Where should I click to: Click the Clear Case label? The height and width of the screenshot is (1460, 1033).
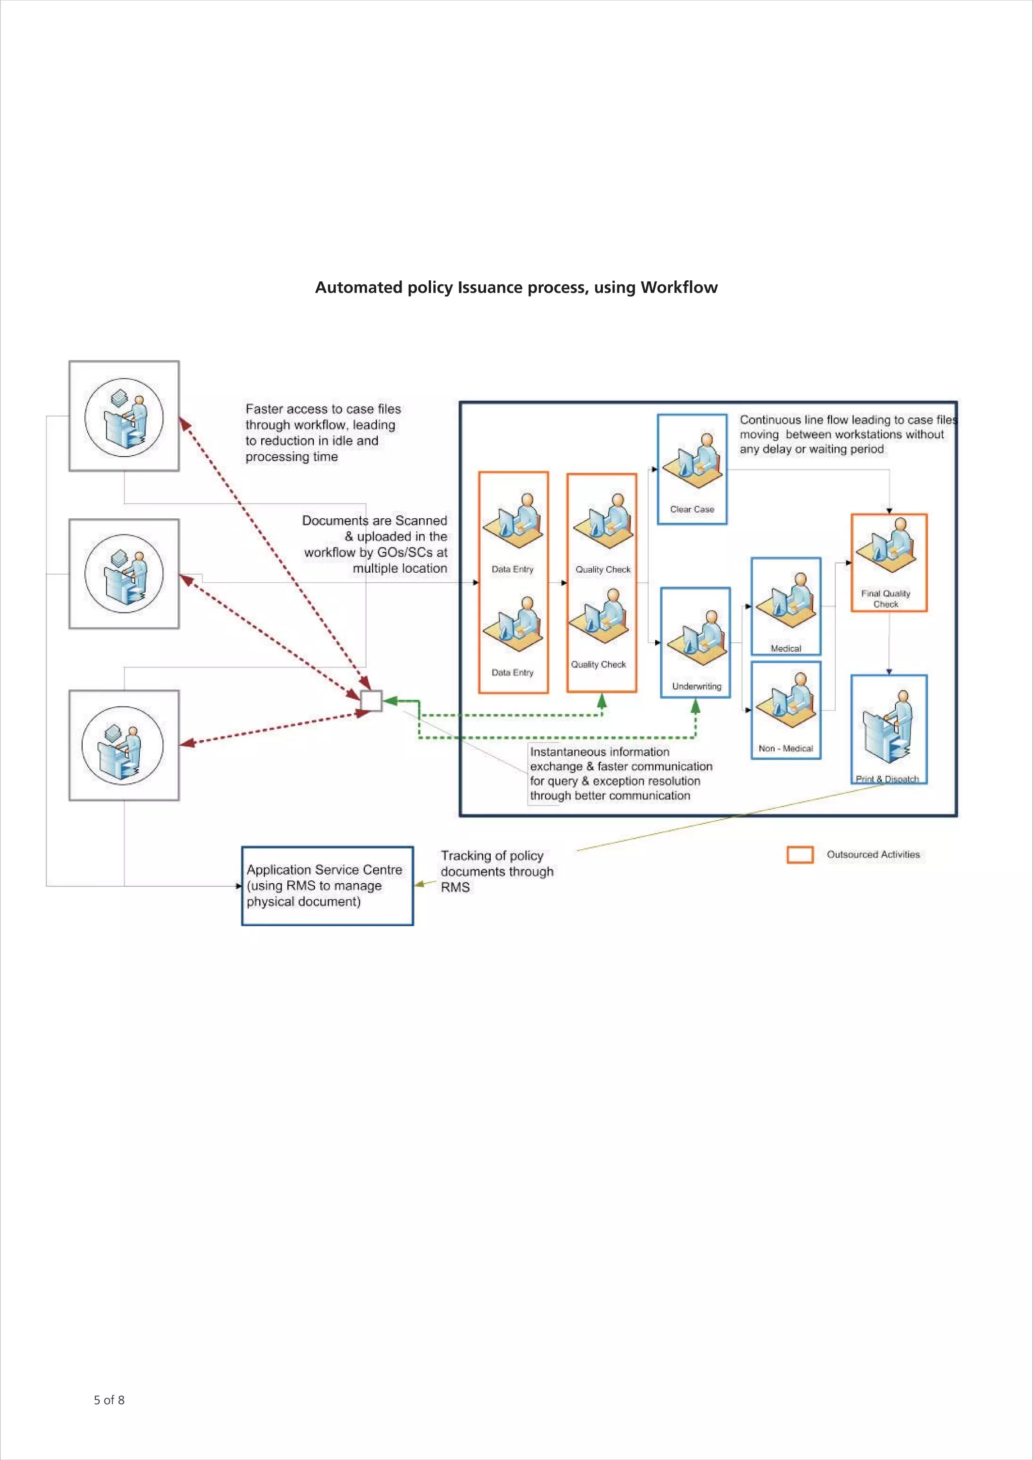point(692,509)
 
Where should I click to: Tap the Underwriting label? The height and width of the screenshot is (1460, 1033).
point(696,686)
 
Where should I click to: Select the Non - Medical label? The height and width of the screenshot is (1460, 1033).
point(785,749)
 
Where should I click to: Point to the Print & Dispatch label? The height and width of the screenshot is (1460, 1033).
point(887,779)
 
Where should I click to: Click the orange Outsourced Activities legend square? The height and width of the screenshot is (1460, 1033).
point(799,855)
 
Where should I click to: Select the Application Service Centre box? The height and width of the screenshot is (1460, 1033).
point(327,885)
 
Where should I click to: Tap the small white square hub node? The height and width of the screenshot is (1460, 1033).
point(371,701)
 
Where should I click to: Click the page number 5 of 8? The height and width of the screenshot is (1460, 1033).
point(109,1400)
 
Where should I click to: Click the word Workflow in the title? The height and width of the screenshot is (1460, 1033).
point(679,287)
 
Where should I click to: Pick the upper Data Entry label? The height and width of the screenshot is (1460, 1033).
point(512,569)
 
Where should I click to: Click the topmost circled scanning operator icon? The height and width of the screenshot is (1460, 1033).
point(124,416)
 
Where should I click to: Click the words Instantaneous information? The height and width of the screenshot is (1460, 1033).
point(599,752)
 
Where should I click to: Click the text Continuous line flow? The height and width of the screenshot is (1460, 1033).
point(798,419)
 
